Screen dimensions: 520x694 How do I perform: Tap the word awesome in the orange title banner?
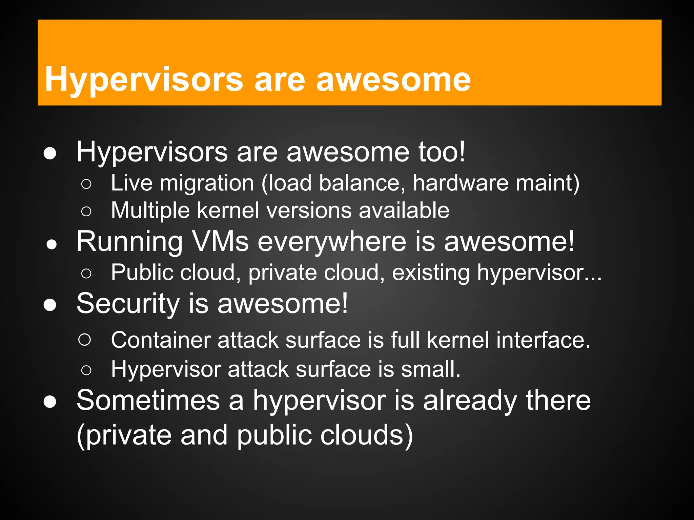coord(393,80)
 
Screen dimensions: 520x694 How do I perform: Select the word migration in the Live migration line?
coord(207,183)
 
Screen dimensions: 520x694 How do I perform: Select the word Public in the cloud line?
coord(142,272)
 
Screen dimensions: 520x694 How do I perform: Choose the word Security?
coord(128,304)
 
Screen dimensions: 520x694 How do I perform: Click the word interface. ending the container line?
coord(543,340)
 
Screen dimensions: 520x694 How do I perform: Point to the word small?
coord(431,369)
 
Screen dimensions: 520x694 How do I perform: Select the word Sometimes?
coord(148,400)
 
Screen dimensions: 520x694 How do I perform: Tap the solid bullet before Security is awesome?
coord(50,305)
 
